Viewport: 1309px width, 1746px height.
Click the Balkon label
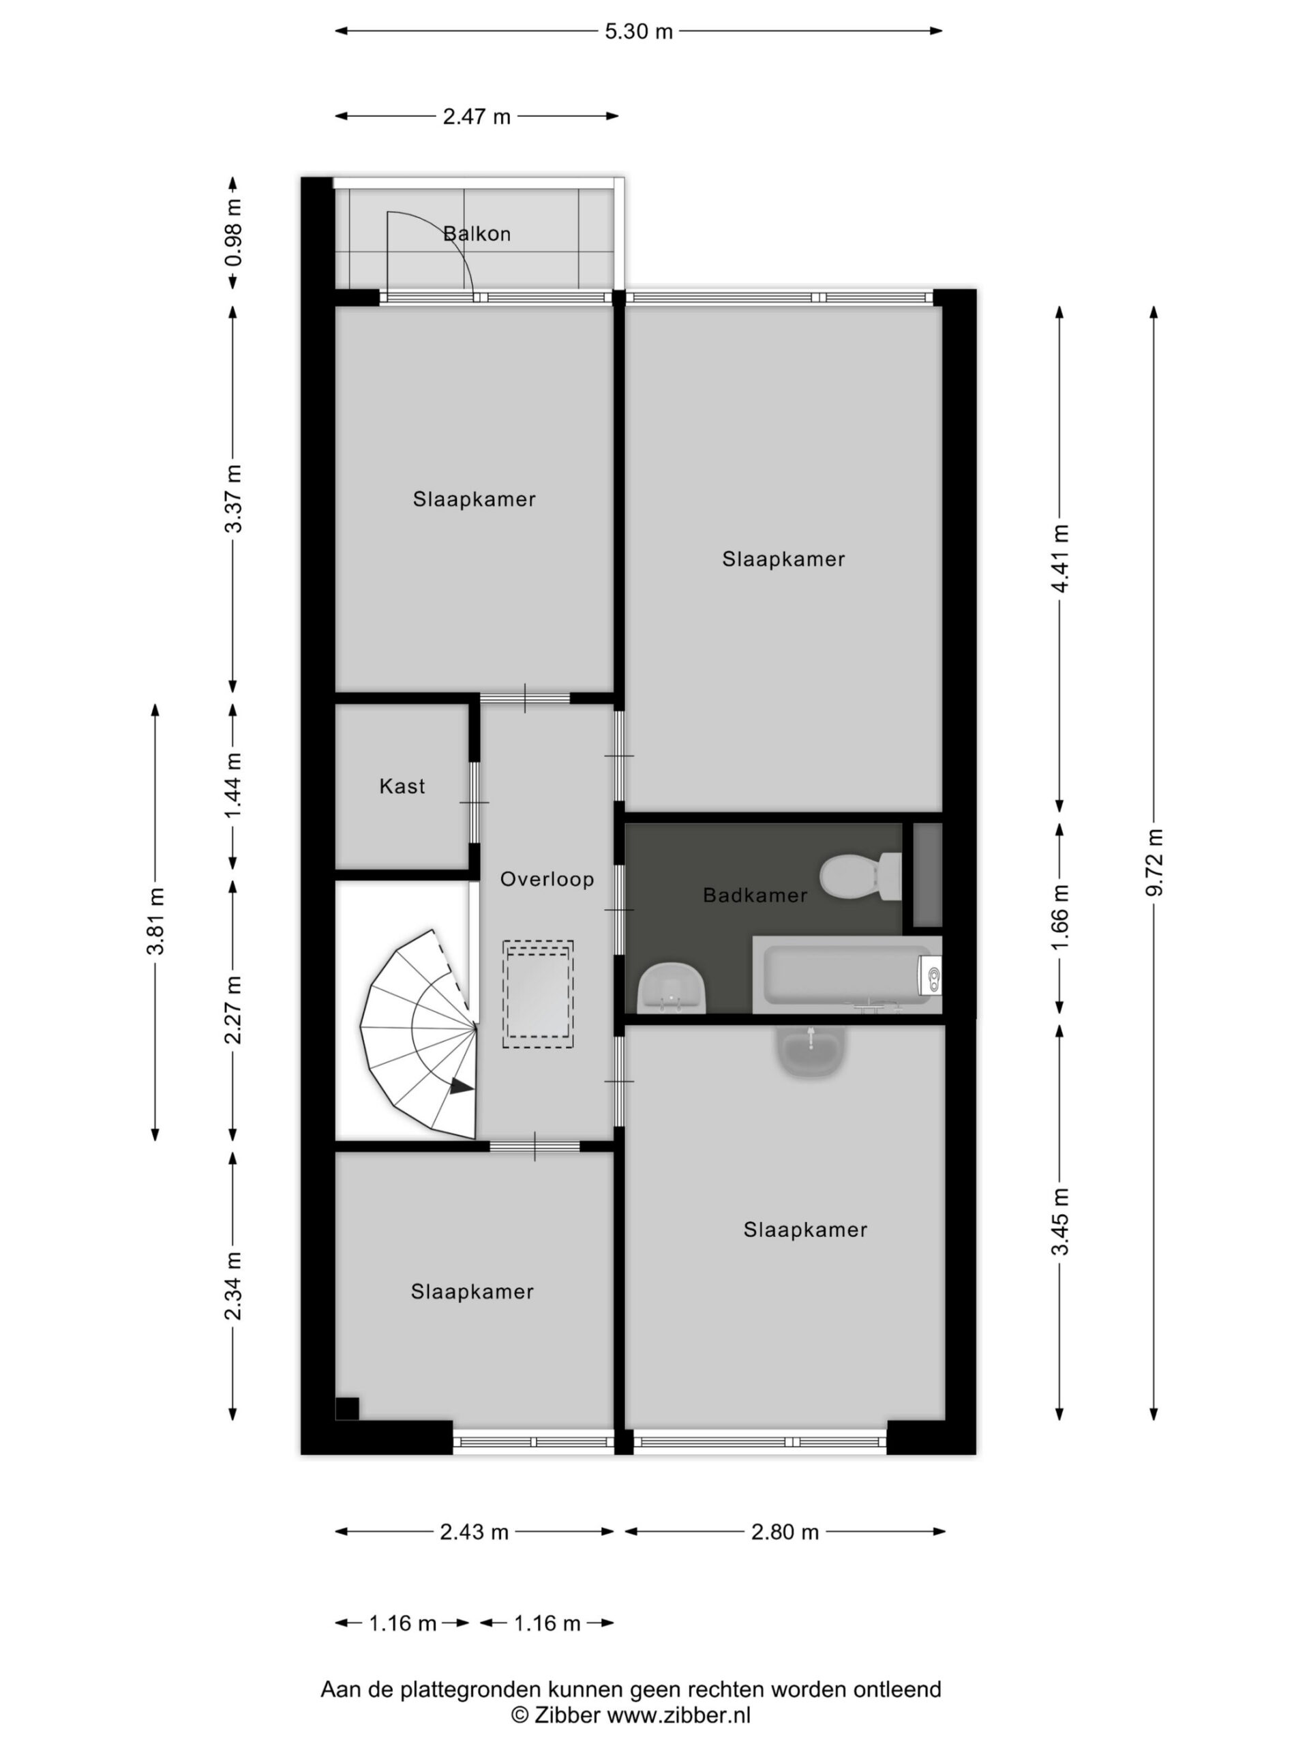pos(477,234)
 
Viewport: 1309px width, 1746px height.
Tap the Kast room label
pos(402,786)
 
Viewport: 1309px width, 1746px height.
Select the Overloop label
pos(547,878)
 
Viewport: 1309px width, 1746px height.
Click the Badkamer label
pos(755,895)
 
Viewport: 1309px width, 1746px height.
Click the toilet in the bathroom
pos(860,876)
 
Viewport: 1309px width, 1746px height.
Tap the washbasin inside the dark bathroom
pos(672,987)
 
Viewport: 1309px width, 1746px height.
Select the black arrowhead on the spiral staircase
pos(462,1087)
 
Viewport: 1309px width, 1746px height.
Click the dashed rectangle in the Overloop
pos(539,994)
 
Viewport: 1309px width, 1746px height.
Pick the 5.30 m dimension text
pos(639,31)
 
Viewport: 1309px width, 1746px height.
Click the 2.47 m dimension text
pos(477,117)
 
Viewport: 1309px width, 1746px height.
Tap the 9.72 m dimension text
pos(1154,863)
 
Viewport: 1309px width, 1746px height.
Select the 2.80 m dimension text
pos(785,1532)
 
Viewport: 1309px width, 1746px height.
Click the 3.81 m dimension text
pos(155,921)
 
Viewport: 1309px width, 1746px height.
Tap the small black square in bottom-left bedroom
pos(347,1409)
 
